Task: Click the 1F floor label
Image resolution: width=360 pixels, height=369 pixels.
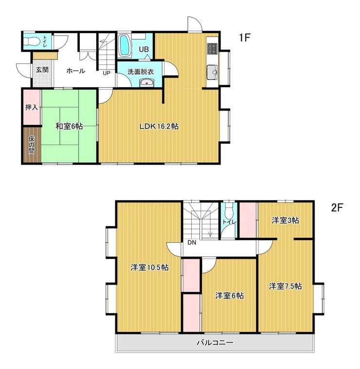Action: tap(245, 37)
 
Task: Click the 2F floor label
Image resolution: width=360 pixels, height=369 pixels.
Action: tap(337, 207)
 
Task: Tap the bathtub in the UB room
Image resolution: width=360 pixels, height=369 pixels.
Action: tap(125, 46)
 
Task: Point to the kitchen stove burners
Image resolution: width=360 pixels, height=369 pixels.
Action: tap(212, 49)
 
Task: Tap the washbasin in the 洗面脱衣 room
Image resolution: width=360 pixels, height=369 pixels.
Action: tap(147, 83)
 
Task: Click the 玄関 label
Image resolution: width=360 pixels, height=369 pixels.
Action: tap(42, 70)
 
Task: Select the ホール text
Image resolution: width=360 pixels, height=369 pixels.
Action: tap(75, 71)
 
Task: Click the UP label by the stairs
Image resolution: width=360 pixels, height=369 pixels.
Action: tap(106, 73)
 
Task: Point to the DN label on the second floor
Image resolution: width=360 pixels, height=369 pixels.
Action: tap(192, 242)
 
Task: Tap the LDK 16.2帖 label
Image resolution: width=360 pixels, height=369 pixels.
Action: tap(159, 127)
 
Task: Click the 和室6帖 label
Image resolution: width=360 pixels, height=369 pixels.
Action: tap(69, 127)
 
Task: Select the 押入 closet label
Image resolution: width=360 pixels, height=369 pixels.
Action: tap(32, 108)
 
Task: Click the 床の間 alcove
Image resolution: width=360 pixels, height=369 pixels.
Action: tap(32, 145)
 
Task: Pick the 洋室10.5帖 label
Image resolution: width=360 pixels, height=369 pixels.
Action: tap(149, 268)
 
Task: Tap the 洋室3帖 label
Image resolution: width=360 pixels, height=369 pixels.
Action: tap(286, 221)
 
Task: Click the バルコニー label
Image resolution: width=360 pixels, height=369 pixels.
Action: tap(215, 342)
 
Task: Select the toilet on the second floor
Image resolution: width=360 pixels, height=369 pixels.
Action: tap(229, 210)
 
